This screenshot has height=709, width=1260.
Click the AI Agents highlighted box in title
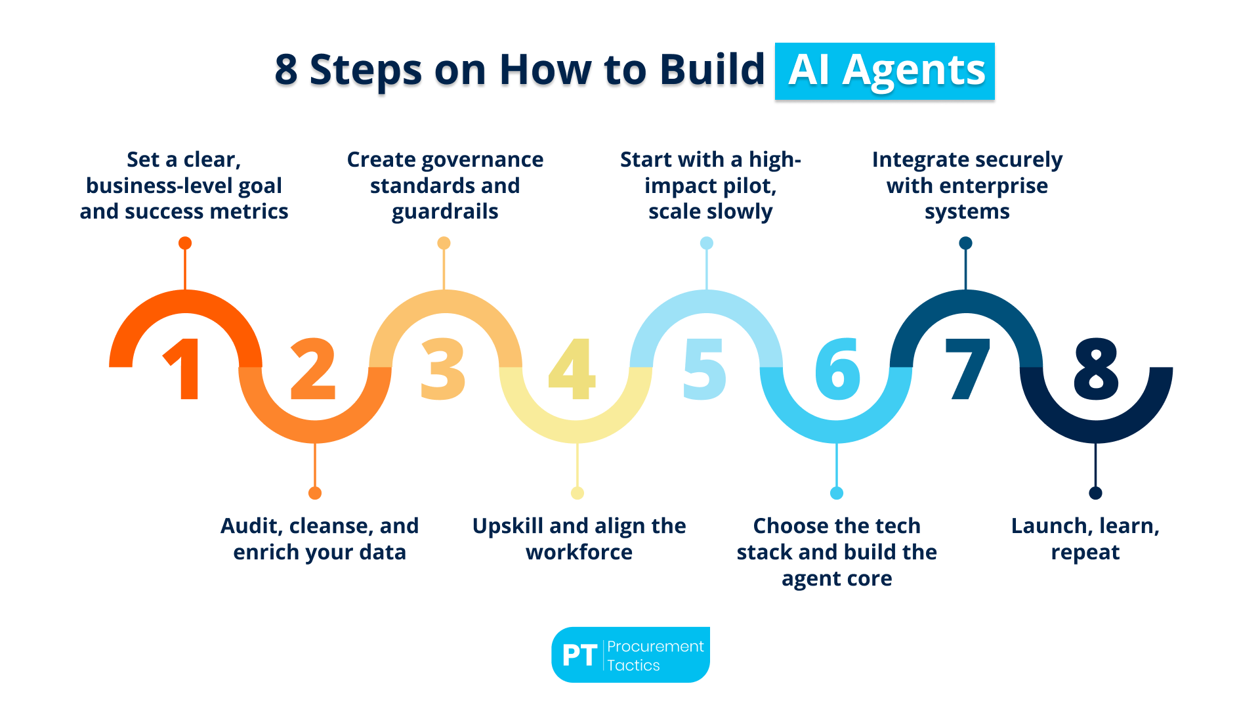click(x=885, y=71)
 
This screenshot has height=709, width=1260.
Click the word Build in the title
click(x=712, y=70)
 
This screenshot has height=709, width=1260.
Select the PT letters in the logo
click(x=579, y=655)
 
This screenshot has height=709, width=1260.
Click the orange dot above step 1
click(x=185, y=244)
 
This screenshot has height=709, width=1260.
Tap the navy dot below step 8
click(x=1095, y=493)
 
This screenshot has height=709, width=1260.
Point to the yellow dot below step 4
click(x=577, y=493)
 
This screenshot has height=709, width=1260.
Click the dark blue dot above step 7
click(x=965, y=244)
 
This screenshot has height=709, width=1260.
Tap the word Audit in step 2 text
click(x=251, y=526)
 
